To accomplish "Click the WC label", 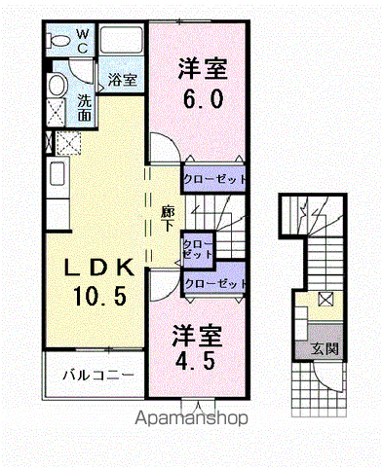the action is click(x=83, y=41).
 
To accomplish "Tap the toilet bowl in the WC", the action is click(x=58, y=41).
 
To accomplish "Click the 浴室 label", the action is click(x=122, y=80).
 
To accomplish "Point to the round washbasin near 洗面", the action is click(x=57, y=85).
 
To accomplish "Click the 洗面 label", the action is click(x=84, y=108).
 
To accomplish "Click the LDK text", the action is click(x=99, y=268).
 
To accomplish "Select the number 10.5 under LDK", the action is click(x=99, y=296).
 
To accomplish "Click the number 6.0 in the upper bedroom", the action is click(x=203, y=98).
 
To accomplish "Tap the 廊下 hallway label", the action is click(x=168, y=219).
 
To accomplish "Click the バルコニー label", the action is click(x=98, y=376).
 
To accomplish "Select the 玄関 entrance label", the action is click(x=325, y=348).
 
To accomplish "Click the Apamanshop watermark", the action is click(x=191, y=417).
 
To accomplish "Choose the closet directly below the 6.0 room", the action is click(x=214, y=179).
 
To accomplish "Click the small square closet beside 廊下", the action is click(x=198, y=250).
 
